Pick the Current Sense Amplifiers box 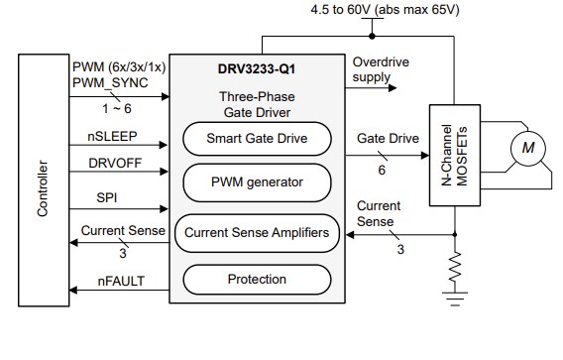257,233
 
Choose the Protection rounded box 257,280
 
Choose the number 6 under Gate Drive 382,170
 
